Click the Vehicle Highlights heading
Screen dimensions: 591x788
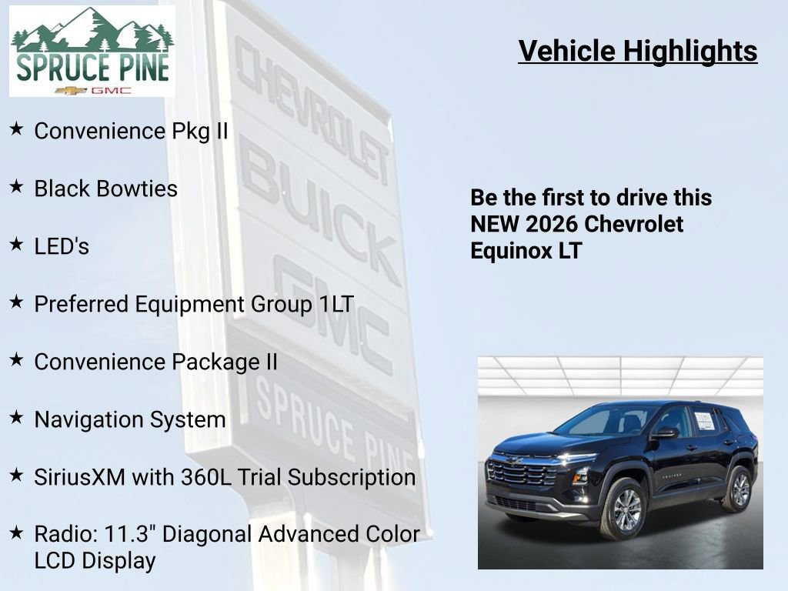[638, 51]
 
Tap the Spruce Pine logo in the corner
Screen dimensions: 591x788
[92, 52]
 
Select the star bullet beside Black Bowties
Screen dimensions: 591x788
[16, 187]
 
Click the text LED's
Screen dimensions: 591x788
[62, 246]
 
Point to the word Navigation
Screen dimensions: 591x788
[84, 419]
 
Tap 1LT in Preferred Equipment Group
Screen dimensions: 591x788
[336, 304]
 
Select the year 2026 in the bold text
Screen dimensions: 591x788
[553, 224]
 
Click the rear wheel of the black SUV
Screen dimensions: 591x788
[737, 488]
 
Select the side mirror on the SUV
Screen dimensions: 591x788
[663, 432]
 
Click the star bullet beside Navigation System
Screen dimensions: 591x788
[16, 418]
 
